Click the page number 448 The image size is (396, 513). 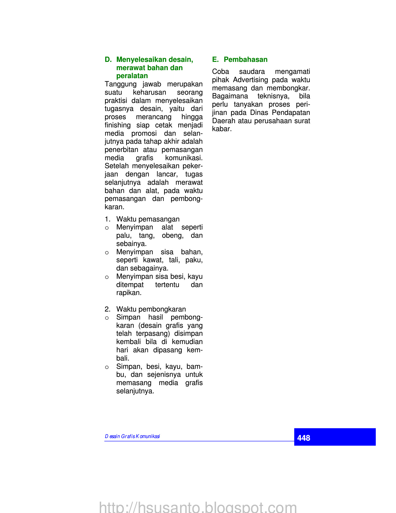303,438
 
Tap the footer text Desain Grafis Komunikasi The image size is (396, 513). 132,436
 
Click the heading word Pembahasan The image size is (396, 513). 246,60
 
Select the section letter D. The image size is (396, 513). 108,60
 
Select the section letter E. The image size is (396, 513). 215,60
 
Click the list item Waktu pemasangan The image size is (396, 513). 148,219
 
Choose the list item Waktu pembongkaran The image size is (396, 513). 151,309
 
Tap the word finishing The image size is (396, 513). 118,125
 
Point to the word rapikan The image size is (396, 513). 129,293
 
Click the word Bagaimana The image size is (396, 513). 230,96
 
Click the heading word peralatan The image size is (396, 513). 132,76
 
